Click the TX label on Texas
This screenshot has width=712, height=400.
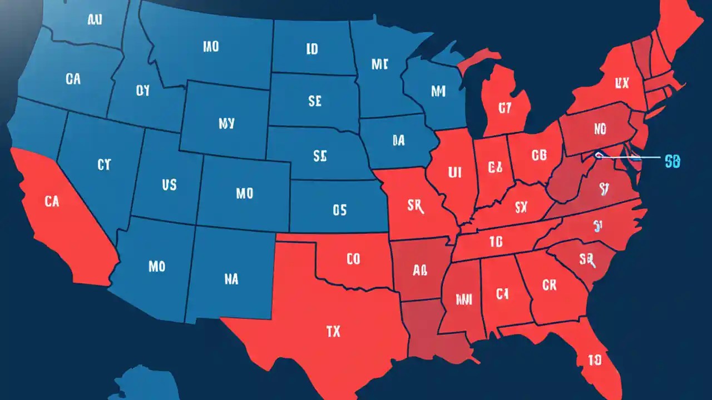(333, 332)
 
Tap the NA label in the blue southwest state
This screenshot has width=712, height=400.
(231, 279)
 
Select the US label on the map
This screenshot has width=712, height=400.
(169, 184)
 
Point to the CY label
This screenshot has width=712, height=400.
(104, 164)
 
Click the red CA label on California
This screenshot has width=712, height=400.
(51, 202)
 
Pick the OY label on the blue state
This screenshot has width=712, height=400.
(143, 91)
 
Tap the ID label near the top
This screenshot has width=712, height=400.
(312, 49)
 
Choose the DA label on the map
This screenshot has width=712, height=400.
(398, 141)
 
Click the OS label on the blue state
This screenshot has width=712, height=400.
(339, 210)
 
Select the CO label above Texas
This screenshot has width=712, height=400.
(353, 258)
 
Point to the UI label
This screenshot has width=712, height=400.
(455, 172)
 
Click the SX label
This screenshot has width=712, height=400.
(521, 208)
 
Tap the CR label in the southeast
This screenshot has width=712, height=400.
(549, 285)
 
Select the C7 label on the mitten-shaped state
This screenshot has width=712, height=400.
(505, 108)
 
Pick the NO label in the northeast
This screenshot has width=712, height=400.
(600, 129)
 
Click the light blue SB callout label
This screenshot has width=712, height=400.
(673, 162)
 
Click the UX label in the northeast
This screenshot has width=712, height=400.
(622, 83)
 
